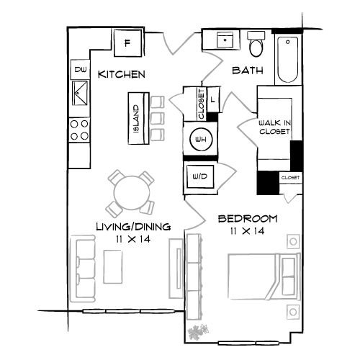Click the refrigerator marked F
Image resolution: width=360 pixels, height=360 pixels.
(x=127, y=42)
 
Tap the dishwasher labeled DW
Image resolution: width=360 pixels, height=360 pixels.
(x=80, y=70)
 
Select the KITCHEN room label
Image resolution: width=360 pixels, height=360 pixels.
(x=122, y=74)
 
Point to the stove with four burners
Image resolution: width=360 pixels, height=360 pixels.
(x=80, y=130)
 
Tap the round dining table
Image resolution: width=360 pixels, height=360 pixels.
(x=131, y=192)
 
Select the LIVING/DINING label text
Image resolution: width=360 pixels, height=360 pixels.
(x=133, y=227)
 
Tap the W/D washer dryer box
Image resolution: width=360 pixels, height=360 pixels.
(x=199, y=176)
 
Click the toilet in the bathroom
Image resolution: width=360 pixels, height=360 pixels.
(x=256, y=45)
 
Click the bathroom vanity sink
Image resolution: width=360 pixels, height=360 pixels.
(x=225, y=40)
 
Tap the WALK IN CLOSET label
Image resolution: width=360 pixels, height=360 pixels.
(x=274, y=128)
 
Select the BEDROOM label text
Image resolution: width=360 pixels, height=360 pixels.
(x=248, y=219)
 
